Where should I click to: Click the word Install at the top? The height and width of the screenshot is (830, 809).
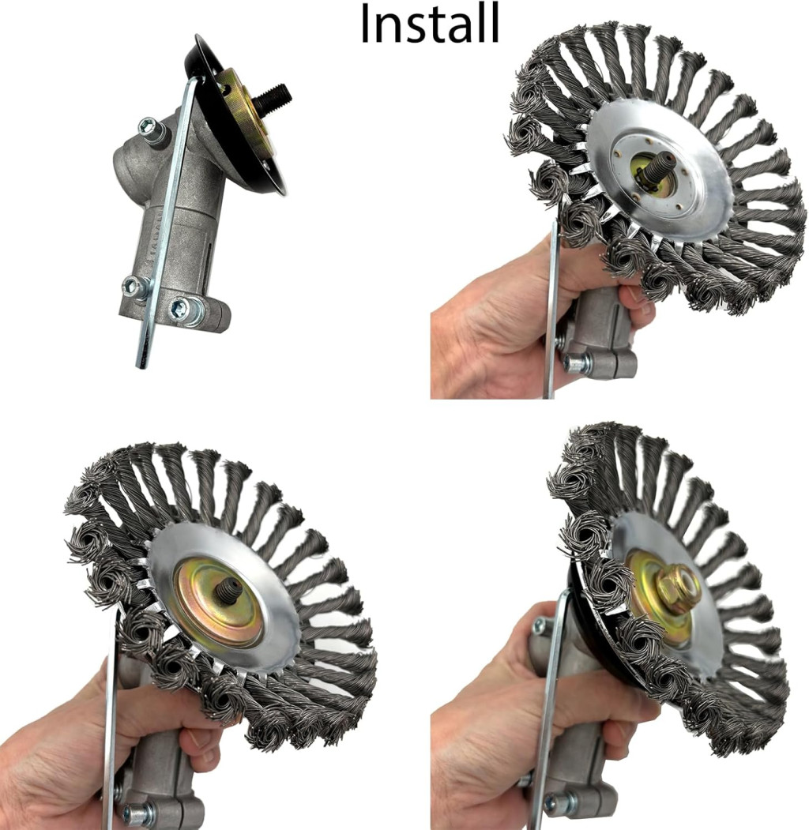[x=429, y=24]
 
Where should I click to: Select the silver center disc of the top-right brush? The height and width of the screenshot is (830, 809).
[x=655, y=169]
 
